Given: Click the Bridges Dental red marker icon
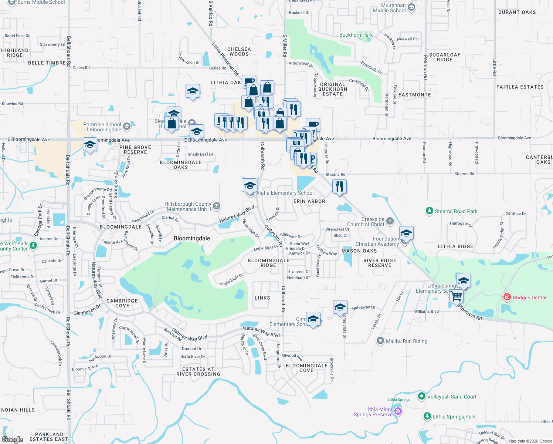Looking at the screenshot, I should [507, 297].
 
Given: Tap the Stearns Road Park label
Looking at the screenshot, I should [456, 211].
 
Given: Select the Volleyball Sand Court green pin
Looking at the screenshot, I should [421, 396].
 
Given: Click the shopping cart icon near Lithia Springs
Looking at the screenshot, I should [456, 296].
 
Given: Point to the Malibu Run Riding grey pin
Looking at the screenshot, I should [380, 341].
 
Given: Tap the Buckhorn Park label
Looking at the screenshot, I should [356, 35].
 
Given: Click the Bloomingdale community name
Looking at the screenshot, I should [192, 238].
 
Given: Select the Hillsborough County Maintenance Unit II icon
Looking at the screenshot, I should [217, 206].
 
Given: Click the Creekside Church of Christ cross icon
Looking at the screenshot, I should [390, 222].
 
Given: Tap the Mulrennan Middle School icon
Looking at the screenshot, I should [411, 7].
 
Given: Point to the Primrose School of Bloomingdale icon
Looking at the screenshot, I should [127, 127].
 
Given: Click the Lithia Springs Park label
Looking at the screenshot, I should [454, 417].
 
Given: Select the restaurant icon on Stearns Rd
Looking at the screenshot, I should [339, 186].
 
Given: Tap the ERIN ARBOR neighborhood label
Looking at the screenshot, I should [309, 201].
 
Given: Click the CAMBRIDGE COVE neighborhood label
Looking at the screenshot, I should [122, 303].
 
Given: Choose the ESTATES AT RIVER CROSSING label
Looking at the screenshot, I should [198, 371].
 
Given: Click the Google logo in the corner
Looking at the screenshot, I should [12, 439].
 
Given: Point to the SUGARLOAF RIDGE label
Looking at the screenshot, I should [444, 57].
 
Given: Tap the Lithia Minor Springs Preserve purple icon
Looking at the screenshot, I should [398, 411].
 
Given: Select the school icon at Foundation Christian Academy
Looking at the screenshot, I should [406, 233].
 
